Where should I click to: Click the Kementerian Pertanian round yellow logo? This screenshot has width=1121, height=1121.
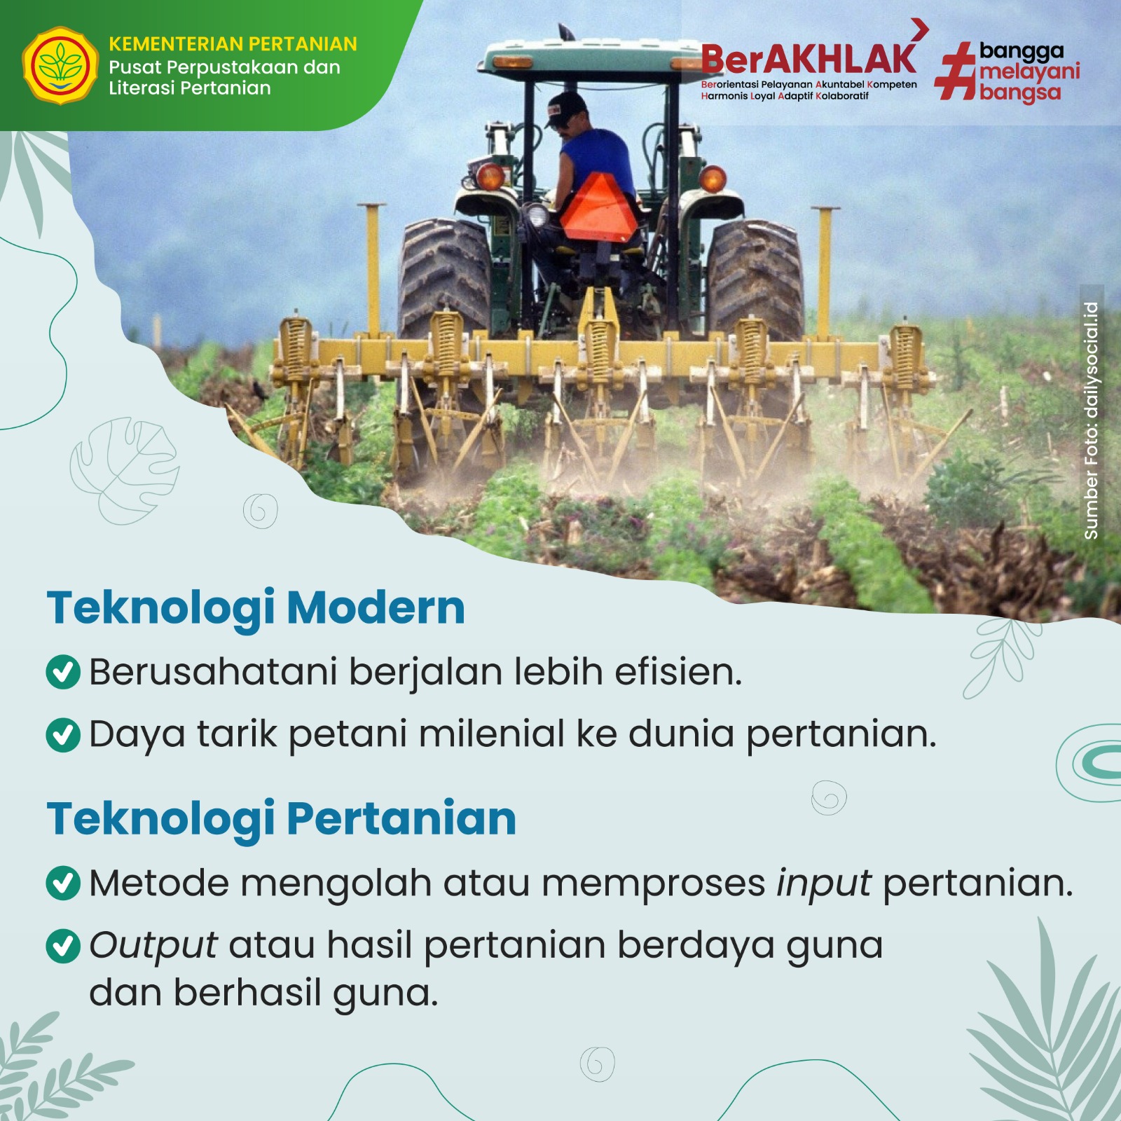(x=60, y=66)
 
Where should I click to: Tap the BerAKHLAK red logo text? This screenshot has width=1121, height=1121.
(x=809, y=59)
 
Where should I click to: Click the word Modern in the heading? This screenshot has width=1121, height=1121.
(x=376, y=607)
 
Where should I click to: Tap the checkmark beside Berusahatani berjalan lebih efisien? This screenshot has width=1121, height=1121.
(x=63, y=672)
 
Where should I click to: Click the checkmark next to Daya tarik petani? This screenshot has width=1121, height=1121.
(x=63, y=734)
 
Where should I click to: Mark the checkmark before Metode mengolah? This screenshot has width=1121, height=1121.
(x=63, y=883)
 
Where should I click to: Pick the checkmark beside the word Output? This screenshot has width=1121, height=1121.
(x=63, y=946)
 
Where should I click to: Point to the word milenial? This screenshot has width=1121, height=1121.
(x=492, y=734)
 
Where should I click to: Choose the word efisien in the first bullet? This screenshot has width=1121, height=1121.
(x=678, y=672)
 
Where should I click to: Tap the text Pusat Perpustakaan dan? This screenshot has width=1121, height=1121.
(x=224, y=67)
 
